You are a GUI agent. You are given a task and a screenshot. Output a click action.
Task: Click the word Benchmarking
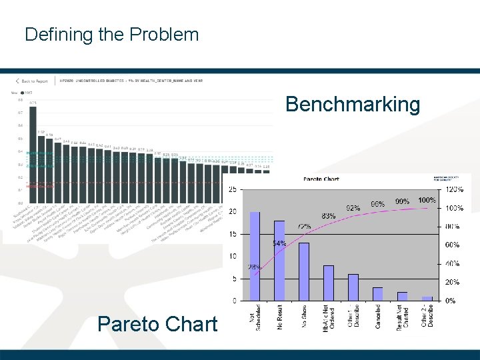click(x=353, y=105)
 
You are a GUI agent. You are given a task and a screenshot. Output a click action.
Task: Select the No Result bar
click(x=279, y=261)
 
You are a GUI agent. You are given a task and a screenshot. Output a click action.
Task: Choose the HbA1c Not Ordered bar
click(x=329, y=283)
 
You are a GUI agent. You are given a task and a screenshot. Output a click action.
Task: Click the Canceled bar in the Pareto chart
click(x=377, y=294)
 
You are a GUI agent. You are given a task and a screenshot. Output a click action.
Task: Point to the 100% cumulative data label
click(x=427, y=201)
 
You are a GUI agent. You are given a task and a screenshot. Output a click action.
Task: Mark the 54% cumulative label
click(x=279, y=243)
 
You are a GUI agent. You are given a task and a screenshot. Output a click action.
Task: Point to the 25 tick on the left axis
click(x=232, y=190)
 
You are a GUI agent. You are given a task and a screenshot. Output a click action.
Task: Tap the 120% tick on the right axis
click(x=455, y=190)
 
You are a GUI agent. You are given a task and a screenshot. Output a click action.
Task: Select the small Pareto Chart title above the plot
click(x=321, y=179)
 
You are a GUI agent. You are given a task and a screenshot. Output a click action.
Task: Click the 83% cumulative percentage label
click(x=328, y=217)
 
